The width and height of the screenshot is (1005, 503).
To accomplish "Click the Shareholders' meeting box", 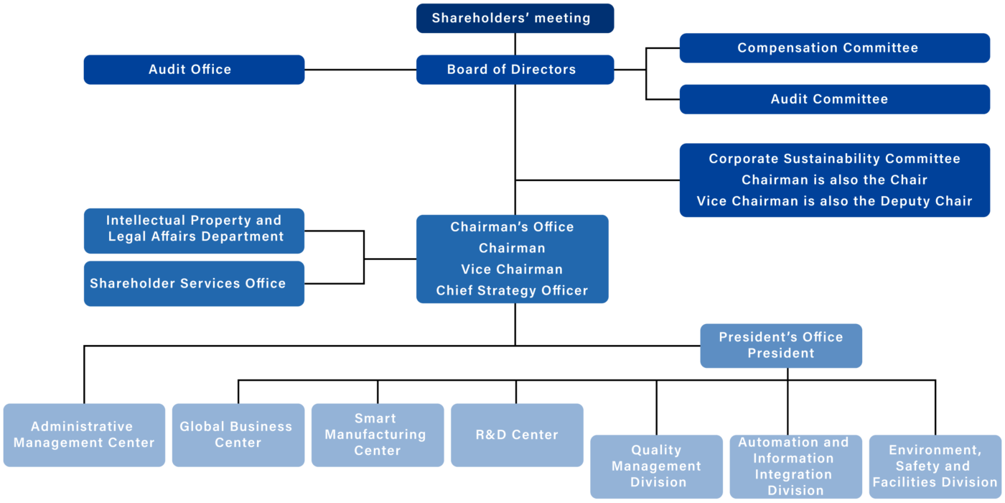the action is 515,19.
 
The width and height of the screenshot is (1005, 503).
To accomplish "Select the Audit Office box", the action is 195,70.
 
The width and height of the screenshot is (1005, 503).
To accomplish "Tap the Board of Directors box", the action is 515,70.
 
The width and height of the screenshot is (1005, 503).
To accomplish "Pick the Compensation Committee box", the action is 835,48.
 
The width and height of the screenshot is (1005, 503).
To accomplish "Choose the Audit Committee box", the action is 835,99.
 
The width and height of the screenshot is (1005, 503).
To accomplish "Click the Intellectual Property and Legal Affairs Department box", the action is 195,231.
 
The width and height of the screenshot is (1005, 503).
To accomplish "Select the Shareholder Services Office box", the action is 195,284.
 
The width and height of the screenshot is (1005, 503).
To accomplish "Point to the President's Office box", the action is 781,346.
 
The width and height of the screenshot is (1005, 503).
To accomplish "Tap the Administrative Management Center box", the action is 85,435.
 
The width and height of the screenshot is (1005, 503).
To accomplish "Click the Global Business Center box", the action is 238,435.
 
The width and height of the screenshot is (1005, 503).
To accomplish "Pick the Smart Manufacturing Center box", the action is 378,435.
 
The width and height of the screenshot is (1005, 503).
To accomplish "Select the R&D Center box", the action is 518,435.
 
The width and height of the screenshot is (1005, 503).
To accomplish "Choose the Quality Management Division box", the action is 656,466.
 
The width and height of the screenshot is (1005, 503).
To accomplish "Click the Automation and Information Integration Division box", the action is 796,466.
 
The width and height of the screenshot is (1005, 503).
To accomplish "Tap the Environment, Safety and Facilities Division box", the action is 935,466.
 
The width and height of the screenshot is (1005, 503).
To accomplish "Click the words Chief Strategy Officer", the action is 512,290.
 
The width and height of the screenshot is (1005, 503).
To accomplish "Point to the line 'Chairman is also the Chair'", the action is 834,180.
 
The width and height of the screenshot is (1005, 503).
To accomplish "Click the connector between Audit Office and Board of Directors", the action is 360,70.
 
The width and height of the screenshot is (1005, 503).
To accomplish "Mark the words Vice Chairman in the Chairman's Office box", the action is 512,269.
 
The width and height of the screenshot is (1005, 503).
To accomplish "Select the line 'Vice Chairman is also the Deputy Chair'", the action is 834,200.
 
